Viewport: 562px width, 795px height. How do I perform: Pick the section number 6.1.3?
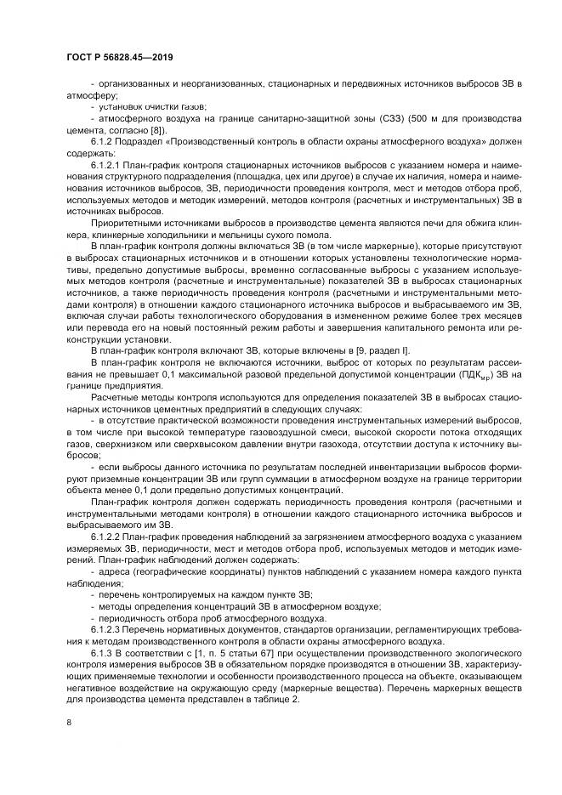coord(100,651)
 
